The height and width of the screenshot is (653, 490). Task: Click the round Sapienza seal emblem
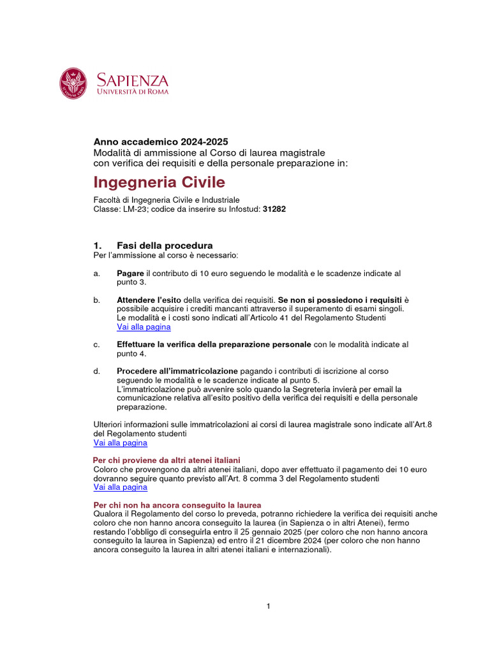pos(74,84)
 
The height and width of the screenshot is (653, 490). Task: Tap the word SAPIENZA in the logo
pos(132,80)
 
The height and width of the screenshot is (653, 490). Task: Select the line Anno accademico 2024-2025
pos(161,142)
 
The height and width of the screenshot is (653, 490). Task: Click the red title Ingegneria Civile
pos(160,182)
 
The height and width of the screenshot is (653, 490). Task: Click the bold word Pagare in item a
pos(131,273)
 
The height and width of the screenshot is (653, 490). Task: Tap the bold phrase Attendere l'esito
pos(149,300)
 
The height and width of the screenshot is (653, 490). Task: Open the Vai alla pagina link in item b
pos(144,326)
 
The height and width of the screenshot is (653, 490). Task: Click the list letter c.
pos(96,344)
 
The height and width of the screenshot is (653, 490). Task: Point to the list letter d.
pos(96,371)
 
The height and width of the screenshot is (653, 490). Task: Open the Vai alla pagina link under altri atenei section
pos(120,487)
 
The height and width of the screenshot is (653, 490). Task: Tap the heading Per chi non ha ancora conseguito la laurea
pos(177,504)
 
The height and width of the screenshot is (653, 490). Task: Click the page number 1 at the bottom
pos(269,606)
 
